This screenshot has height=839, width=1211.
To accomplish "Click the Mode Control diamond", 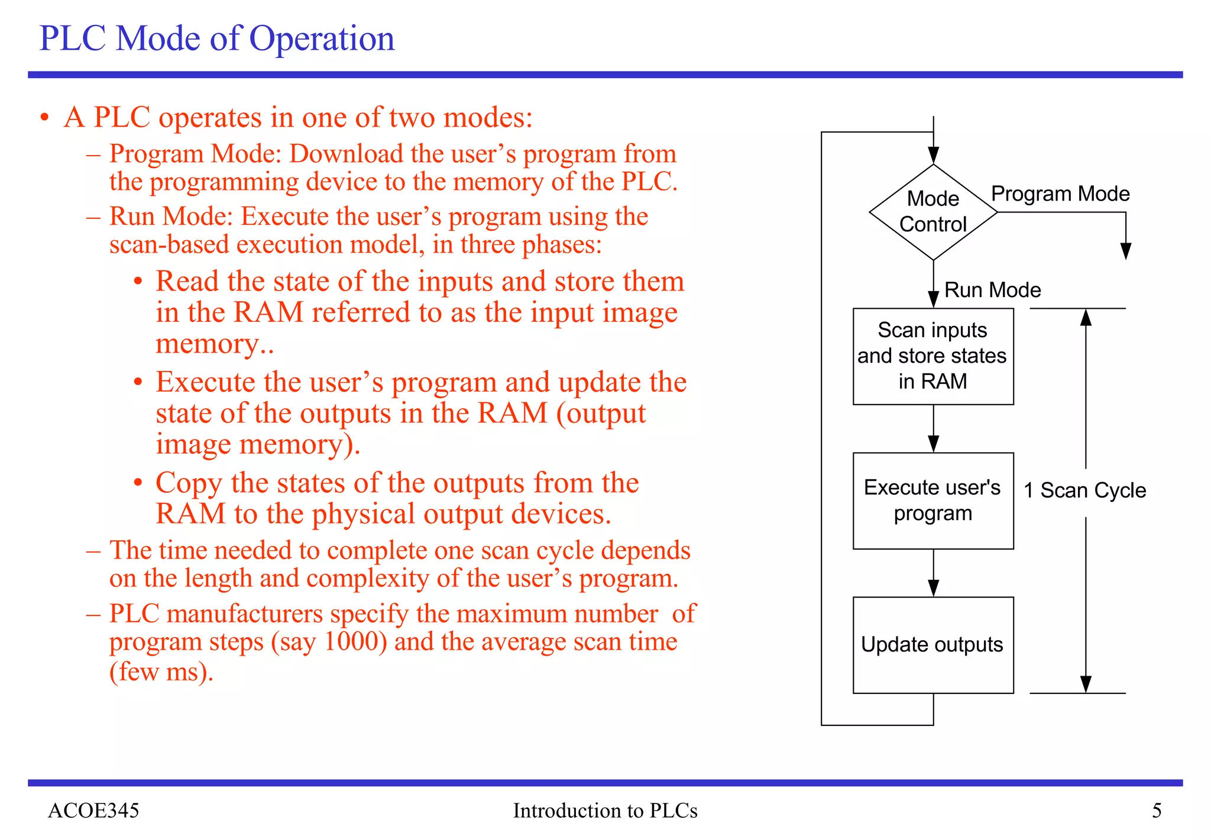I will pos(932,212).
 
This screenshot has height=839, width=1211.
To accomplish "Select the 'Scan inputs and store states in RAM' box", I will pos(932,356).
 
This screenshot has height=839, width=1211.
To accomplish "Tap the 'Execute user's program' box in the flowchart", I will pos(932,501).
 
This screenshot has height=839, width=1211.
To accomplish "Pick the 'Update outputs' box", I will pos(932,644).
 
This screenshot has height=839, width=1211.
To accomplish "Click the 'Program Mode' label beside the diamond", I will pos(1060,194).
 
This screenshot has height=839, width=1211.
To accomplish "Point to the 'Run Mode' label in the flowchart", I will pos(992,290).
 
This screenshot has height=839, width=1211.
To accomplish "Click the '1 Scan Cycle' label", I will pos(1085,491).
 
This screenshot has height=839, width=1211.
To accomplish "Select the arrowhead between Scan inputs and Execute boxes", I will pos(933,444).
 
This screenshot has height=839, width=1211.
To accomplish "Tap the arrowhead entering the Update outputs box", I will pos(933,588).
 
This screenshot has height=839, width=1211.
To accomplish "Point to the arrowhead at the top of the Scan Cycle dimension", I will pos(1086,318).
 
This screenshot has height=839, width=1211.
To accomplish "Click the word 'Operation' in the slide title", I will pos(322,39).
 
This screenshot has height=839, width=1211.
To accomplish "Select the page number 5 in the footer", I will pos(1157,810).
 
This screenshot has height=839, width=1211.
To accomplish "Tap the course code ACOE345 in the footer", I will pos(93,810).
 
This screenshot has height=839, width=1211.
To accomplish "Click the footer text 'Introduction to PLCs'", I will pos(605,810).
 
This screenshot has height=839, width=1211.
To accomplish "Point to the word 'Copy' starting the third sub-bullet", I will pos(189,483).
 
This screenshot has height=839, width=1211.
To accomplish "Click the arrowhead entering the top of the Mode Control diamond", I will pos(933,156).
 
